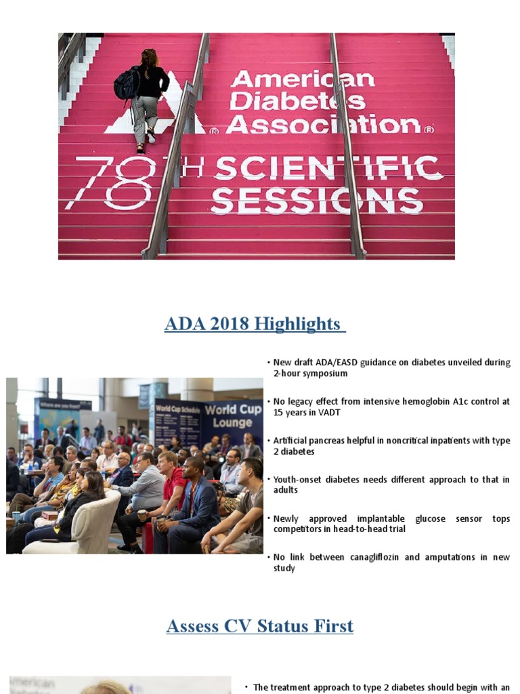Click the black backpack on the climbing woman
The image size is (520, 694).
(x=127, y=84)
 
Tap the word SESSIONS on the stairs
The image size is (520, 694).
(x=317, y=201)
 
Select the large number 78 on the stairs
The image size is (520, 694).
(x=111, y=183)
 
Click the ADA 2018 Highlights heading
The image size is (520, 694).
(x=255, y=324)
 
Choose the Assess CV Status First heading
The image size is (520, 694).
(x=260, y=626)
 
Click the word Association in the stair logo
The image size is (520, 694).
(x=323, y=124)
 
